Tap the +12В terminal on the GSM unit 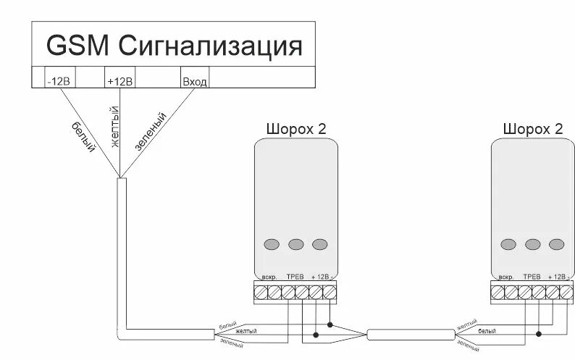119,82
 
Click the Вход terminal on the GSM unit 194,82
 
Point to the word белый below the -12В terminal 84,134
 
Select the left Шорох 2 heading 295,129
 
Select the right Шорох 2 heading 532,129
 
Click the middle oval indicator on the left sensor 295,244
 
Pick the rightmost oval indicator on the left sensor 319,244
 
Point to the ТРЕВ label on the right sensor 532,277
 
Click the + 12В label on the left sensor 320,277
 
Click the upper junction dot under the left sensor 330,325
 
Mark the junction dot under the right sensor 538,334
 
